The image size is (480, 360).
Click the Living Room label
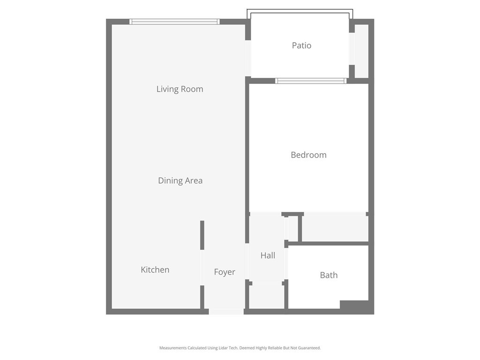180,89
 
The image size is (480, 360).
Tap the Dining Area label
180,180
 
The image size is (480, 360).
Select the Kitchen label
155,270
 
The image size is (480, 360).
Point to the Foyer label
225,272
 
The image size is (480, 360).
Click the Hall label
268,255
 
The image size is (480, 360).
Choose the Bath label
329,275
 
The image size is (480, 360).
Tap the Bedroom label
308,155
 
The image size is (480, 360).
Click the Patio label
301,45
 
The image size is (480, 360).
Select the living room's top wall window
174,22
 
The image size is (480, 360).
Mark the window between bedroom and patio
311,81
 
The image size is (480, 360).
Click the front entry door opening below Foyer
226,312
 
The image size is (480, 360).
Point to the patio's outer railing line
300,10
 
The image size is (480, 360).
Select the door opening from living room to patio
248,58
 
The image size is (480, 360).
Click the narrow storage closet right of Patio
361,51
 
